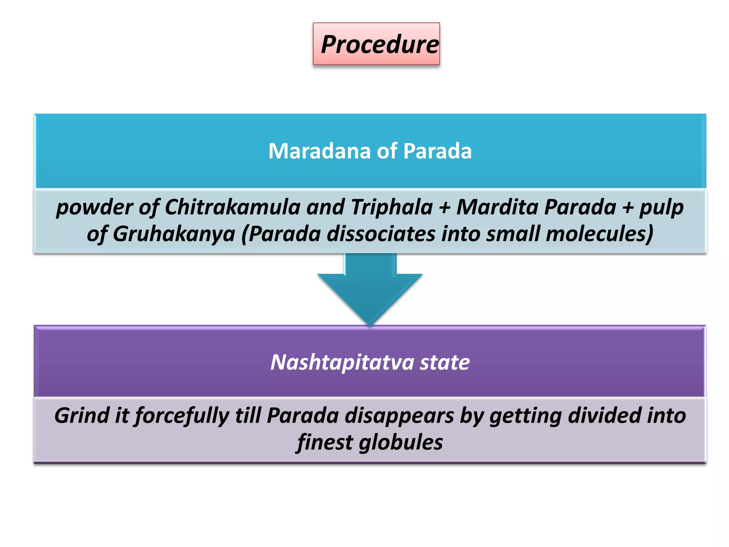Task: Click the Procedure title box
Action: (376, 44)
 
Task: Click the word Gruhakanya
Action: (174, 234)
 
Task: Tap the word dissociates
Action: (381, 234)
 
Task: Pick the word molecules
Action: (599, 234)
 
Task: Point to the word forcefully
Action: (182, 416)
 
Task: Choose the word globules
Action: (401, 443)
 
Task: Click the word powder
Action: (94, 207)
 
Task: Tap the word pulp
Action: (661, 208)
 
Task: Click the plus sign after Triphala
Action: (445, 208)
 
